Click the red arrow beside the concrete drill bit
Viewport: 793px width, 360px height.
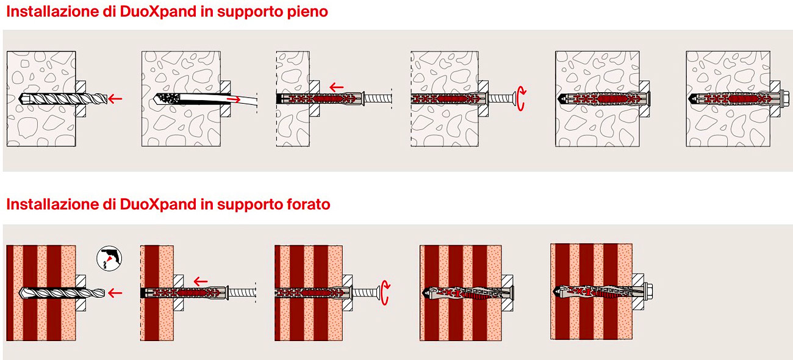click(x=115, y=98)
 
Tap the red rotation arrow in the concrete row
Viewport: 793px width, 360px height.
click(x=520, y=98)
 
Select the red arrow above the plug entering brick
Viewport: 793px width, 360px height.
click(x=200, y=281)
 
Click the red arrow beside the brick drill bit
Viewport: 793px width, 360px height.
click(x=114, y=293)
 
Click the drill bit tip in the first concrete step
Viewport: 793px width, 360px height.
click(x=24, y=98)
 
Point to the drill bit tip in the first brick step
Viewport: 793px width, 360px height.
click(x=23, y=292)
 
